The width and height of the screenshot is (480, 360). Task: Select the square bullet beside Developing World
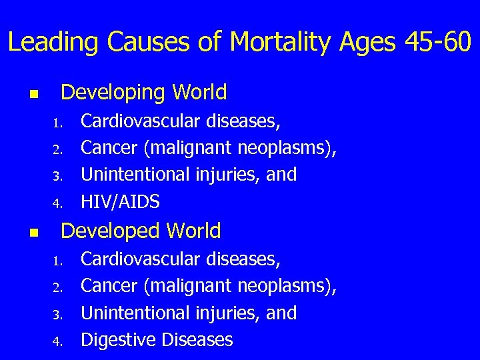pyautogui.click(x=34, y=94)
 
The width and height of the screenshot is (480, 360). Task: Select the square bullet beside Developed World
pyautogui.click(x=34, y=233)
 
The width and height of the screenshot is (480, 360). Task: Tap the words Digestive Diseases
pyautogui.click(x=157, y=339)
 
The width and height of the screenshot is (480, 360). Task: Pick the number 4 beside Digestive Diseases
pyautogui.click(x=59, y=341)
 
